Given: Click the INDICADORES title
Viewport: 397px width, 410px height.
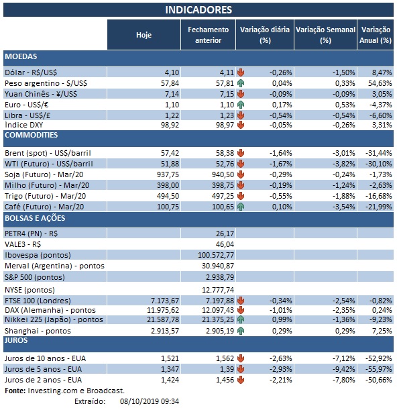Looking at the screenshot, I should [198, 9].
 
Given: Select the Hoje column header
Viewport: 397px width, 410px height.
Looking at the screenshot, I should [144, 35].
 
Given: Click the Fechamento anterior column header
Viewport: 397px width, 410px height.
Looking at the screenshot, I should [208, 35].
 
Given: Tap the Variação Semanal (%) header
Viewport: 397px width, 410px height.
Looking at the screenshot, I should [325, 35].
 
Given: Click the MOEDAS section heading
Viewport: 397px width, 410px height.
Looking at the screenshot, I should [21, 56].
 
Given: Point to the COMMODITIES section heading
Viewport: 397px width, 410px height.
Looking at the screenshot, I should [32, 135].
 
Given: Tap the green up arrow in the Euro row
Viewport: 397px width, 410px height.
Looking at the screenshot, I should [240, 105].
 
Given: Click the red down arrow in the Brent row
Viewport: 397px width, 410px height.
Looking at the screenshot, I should [240, 154].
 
